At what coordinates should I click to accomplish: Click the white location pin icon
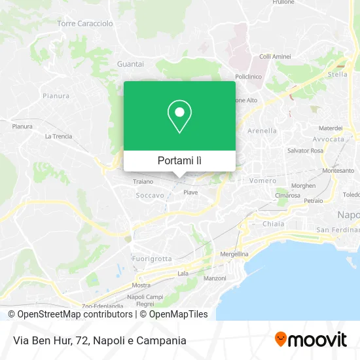(179, 116)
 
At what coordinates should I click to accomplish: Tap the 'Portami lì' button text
(179, 160)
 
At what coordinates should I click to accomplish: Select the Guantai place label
(130, 63)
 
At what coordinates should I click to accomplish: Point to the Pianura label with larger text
(56, 96)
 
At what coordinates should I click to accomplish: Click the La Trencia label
(58, 136)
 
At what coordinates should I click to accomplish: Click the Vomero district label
(263, 180)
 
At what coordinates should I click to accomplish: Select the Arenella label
(262, 131)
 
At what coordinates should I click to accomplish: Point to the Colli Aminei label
(274, 57)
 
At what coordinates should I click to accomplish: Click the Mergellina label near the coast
(234, 254)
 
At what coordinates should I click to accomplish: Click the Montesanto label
(338, 170)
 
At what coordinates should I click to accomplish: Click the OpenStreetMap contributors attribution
(71, 314)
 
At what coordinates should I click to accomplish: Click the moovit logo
(310, 339)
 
